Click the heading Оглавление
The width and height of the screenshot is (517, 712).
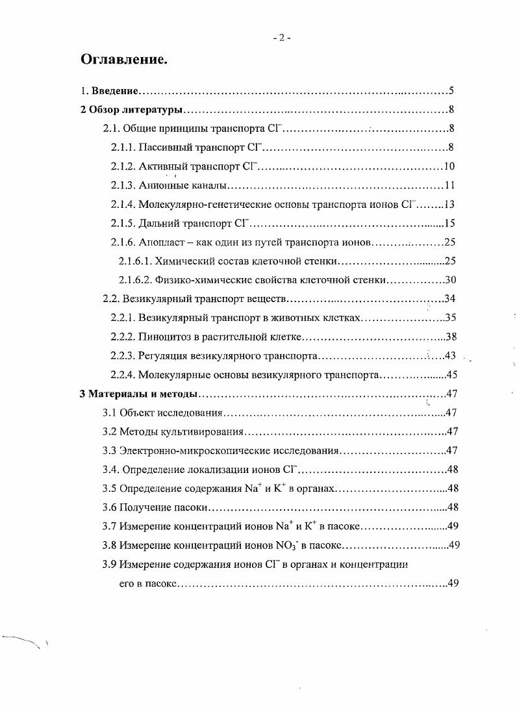(x=124, y=60)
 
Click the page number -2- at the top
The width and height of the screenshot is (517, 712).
(x=281, y=38)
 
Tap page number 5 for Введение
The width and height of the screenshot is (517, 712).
(x=450, y=90)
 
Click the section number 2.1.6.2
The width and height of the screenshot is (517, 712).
(x=134, y=280)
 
